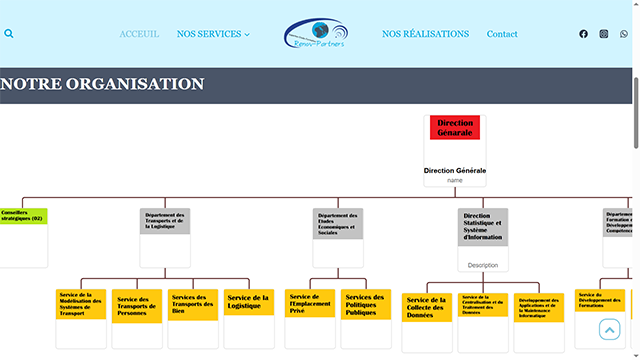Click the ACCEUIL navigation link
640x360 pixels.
click(139, 34)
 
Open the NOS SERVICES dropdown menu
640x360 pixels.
click(213, 34)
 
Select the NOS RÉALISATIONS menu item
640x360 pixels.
click(425, 34)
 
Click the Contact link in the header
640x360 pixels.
click(502, 34)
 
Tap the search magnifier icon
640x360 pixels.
click(9, 34)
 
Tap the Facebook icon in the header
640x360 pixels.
click(584, 34)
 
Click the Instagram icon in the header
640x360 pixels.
click(604, 34)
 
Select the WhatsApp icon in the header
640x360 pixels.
click(624, 34)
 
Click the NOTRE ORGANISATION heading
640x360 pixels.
click(102, 85)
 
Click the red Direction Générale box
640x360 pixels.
click(455, 127)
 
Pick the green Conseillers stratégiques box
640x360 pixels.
click(23, 216)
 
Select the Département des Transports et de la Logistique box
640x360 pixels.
click(165, 220)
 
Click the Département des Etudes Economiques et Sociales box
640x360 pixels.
click(338, 223)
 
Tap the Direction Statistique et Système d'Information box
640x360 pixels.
click(483, 227)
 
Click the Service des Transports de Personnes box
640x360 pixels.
click(137, 306)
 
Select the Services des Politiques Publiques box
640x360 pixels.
click(366, 304)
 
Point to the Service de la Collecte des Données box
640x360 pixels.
click(427, 307)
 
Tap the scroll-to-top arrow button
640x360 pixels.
click(609, 329)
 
